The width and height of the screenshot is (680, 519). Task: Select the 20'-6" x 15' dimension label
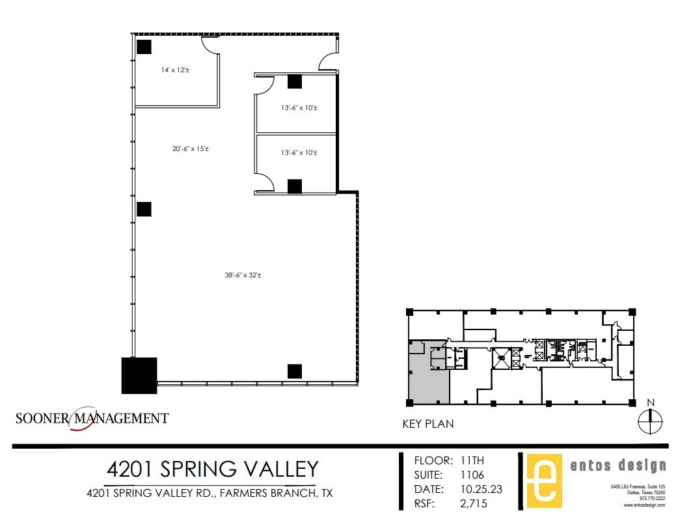click(x=190, y=148)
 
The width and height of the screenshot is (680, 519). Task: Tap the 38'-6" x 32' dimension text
click(x=243, y=275)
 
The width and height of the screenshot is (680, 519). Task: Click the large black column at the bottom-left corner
click(x=139, y=375)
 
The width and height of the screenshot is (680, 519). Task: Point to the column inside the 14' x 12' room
click(x=144, y=47)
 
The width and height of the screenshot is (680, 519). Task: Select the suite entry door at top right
click(x=327, y=62)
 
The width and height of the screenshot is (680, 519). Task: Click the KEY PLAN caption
click(x=428, y=424)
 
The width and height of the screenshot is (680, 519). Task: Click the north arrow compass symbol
click(x=650, y=421)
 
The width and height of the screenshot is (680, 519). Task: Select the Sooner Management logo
click(x=92, y=418)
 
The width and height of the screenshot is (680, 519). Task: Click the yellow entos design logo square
click(x=544, y=481)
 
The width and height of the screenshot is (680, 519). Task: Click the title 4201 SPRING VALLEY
click(x=212, y=469)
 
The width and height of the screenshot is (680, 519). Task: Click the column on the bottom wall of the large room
click(x=294, y=371)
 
